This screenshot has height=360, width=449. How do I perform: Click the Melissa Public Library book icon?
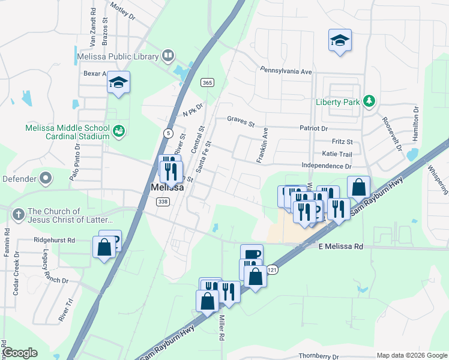point(169,57)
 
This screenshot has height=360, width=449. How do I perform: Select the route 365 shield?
point(207,82)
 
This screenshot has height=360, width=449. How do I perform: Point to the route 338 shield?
point(162,202)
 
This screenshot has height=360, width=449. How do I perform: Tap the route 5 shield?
point(168,132)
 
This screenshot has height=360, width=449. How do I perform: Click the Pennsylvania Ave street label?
point(286,71)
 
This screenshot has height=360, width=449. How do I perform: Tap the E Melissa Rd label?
point(340,247)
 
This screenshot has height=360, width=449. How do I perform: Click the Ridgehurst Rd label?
point(54,240)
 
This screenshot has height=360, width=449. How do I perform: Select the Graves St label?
point(241,119)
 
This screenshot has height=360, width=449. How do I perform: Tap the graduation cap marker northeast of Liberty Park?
point(340,41)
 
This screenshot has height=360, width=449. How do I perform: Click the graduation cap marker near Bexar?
point(118,82)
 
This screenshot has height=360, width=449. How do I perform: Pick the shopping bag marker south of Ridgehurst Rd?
point(104,247)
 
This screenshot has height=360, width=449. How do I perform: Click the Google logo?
point(20,353)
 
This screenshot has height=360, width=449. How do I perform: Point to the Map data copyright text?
point(411,355)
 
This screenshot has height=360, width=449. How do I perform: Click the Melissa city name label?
point(166,188)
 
